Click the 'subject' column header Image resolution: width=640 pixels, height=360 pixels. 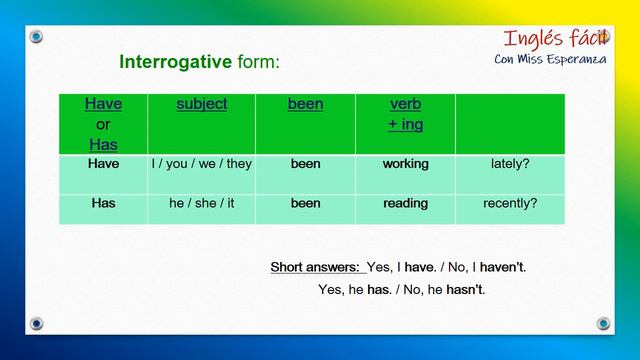pos(201,104)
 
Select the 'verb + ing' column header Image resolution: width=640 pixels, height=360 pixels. pos(405,114)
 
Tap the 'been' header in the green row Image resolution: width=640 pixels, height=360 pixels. pos(305,104)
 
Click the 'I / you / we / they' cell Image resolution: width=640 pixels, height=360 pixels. pos(201,163)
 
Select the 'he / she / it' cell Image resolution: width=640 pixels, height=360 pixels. pos(201,203)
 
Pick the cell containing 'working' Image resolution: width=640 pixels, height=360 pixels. pos(405,163)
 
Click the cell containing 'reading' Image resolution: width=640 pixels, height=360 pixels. pos(405,203)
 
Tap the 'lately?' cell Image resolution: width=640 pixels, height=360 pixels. pos(510,163)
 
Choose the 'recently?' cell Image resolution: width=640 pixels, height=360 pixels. pos(510,203)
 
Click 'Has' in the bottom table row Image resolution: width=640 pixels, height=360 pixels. pos(103,203)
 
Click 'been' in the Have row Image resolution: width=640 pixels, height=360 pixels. pos(305,163)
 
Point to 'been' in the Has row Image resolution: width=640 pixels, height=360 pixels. pos(305,203)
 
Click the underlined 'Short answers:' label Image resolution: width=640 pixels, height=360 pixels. pos(316,267)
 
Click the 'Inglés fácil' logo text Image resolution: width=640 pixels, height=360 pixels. pos(556,39)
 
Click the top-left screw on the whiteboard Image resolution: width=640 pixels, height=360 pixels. pos(37,37)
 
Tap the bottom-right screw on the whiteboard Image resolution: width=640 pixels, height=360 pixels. pos(603,323)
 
